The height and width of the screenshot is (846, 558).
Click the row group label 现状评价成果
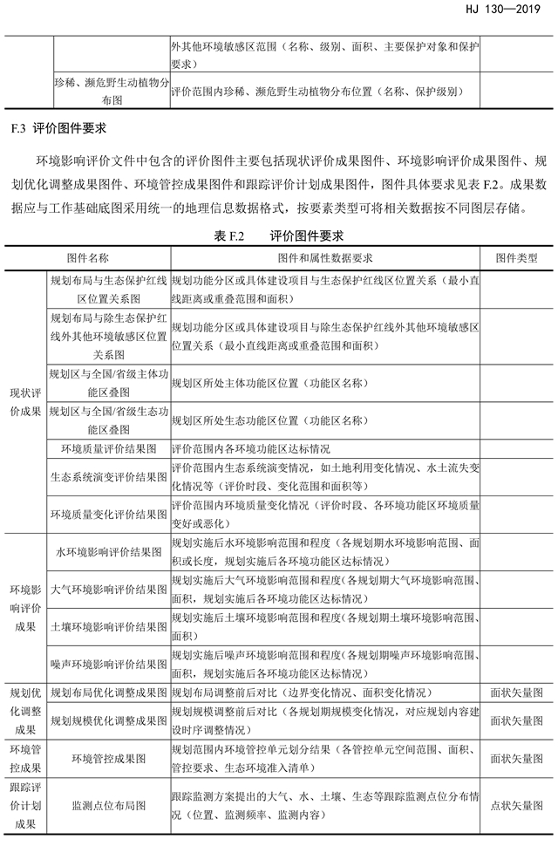(x=25, y=400)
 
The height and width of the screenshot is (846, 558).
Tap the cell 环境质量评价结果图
(x=108, y=449)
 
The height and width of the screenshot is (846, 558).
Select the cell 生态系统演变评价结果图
(x=108, y=477)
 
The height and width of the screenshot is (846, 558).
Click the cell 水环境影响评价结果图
(x=108, y=552)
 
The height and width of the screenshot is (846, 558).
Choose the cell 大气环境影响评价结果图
(x=108, y=589)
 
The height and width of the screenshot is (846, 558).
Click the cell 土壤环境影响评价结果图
(x=108, y=626)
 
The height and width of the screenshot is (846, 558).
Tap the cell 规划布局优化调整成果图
(x=108, y=692)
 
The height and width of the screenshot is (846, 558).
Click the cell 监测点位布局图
(x=108, y=807)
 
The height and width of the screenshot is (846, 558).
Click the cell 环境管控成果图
(x=108, y=759)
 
